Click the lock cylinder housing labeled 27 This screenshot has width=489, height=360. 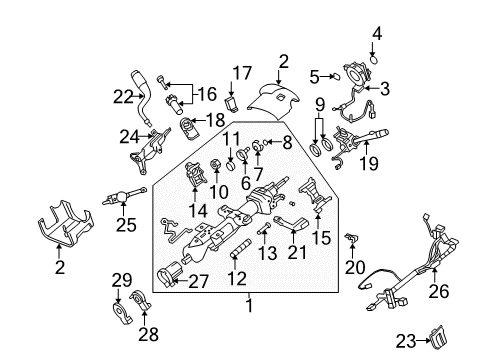173,270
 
